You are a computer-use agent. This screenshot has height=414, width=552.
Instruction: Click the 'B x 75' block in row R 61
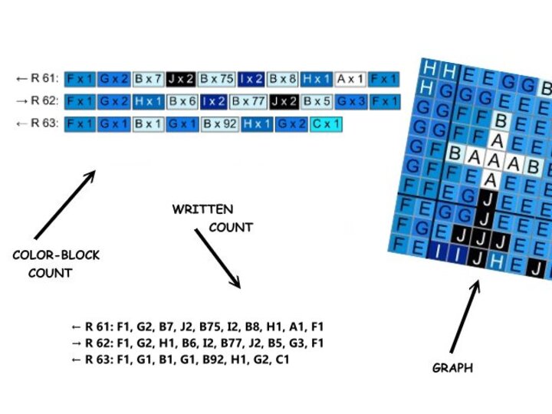click(x=217, y=78)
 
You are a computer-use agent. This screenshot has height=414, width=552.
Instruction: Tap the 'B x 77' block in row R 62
click(x=248, y=101)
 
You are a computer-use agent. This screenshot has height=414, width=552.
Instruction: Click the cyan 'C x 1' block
click(x=327, y=123)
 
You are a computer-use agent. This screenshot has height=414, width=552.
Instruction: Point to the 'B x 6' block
click(x=182, y=101)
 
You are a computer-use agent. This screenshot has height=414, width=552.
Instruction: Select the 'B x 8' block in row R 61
click(x=283, y=78)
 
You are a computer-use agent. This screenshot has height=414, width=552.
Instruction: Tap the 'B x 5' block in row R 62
click(x=317, y=101)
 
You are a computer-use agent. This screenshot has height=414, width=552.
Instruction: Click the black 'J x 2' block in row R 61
click(x=181, y=78)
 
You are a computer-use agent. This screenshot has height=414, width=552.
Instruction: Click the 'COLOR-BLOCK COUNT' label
click(x=56, y=263)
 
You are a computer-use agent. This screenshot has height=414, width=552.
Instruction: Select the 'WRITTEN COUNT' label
click(x=212, y=218)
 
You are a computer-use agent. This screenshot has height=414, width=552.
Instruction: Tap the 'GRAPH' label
click(x=452, y=368)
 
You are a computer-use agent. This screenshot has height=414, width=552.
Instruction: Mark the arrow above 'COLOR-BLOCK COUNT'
click(x=64, y=205)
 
